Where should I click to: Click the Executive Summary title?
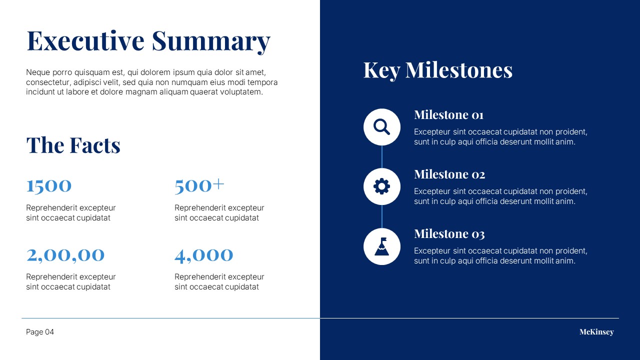[148, 41]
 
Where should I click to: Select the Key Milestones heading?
[437, 70]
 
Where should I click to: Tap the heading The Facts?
[73, 145]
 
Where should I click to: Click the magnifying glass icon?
[381, 127]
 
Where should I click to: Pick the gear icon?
[381, 186]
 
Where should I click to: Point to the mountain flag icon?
[381, 246]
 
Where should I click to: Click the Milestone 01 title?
[448, 115]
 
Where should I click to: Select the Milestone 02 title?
[449, 174]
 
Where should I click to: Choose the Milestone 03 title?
[449, 233]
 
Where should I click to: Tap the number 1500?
[49, 186]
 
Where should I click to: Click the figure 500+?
[199, 185]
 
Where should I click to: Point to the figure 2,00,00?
[65, 255]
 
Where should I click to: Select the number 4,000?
[203, 255]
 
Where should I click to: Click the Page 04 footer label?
[40, 332]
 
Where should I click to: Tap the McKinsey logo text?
[596, 332]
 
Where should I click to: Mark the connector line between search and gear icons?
[382, 157]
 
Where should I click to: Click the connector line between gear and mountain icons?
[382, 216]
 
